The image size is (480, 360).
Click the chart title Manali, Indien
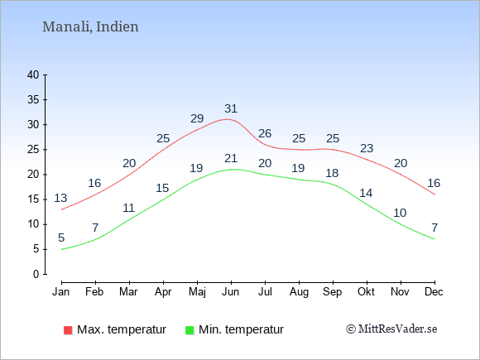90,26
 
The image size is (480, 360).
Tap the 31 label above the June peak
231,108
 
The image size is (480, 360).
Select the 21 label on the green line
231,158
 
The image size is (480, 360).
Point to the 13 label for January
60,198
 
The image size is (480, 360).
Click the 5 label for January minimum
61,238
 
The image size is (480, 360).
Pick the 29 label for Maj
197,118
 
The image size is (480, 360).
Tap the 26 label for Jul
265,133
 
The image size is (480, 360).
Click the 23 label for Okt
367,148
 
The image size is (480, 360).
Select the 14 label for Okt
366,193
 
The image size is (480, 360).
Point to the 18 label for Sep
332,173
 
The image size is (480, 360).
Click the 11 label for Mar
129,209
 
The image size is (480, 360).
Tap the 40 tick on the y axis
33,74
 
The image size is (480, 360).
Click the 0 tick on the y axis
36,274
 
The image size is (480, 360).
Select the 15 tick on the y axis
33,199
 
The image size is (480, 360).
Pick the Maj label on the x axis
197,292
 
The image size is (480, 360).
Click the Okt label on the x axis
366,292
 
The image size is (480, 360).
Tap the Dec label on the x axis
434,292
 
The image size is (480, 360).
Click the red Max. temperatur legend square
68,330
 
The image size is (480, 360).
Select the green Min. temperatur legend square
190,330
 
